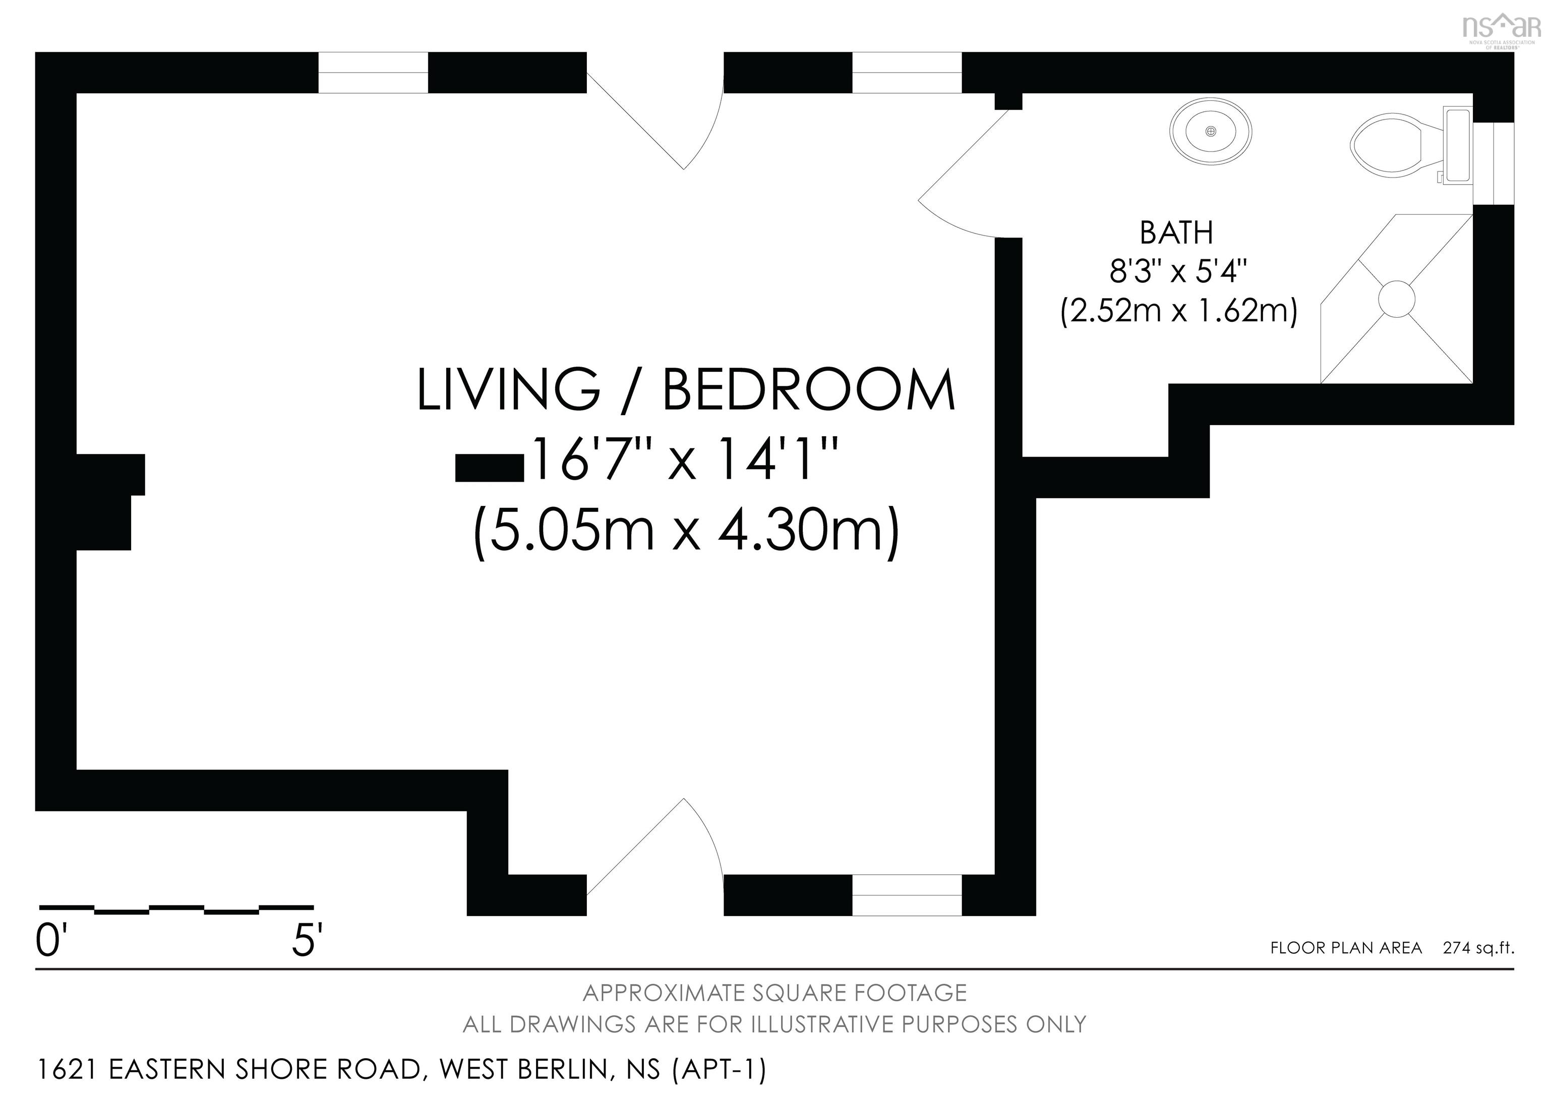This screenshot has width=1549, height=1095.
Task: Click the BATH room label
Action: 1176,233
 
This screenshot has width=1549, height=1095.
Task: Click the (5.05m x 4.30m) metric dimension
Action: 686,530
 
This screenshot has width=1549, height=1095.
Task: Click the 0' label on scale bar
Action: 48,941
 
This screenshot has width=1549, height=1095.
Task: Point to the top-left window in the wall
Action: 373,72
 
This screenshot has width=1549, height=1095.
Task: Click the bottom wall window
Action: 907,895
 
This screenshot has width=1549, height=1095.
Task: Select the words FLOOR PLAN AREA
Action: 1346,948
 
